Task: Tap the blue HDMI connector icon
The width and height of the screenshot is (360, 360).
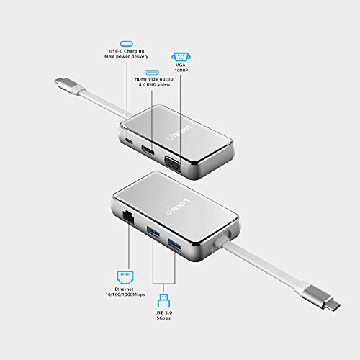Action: coord(152,73)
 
